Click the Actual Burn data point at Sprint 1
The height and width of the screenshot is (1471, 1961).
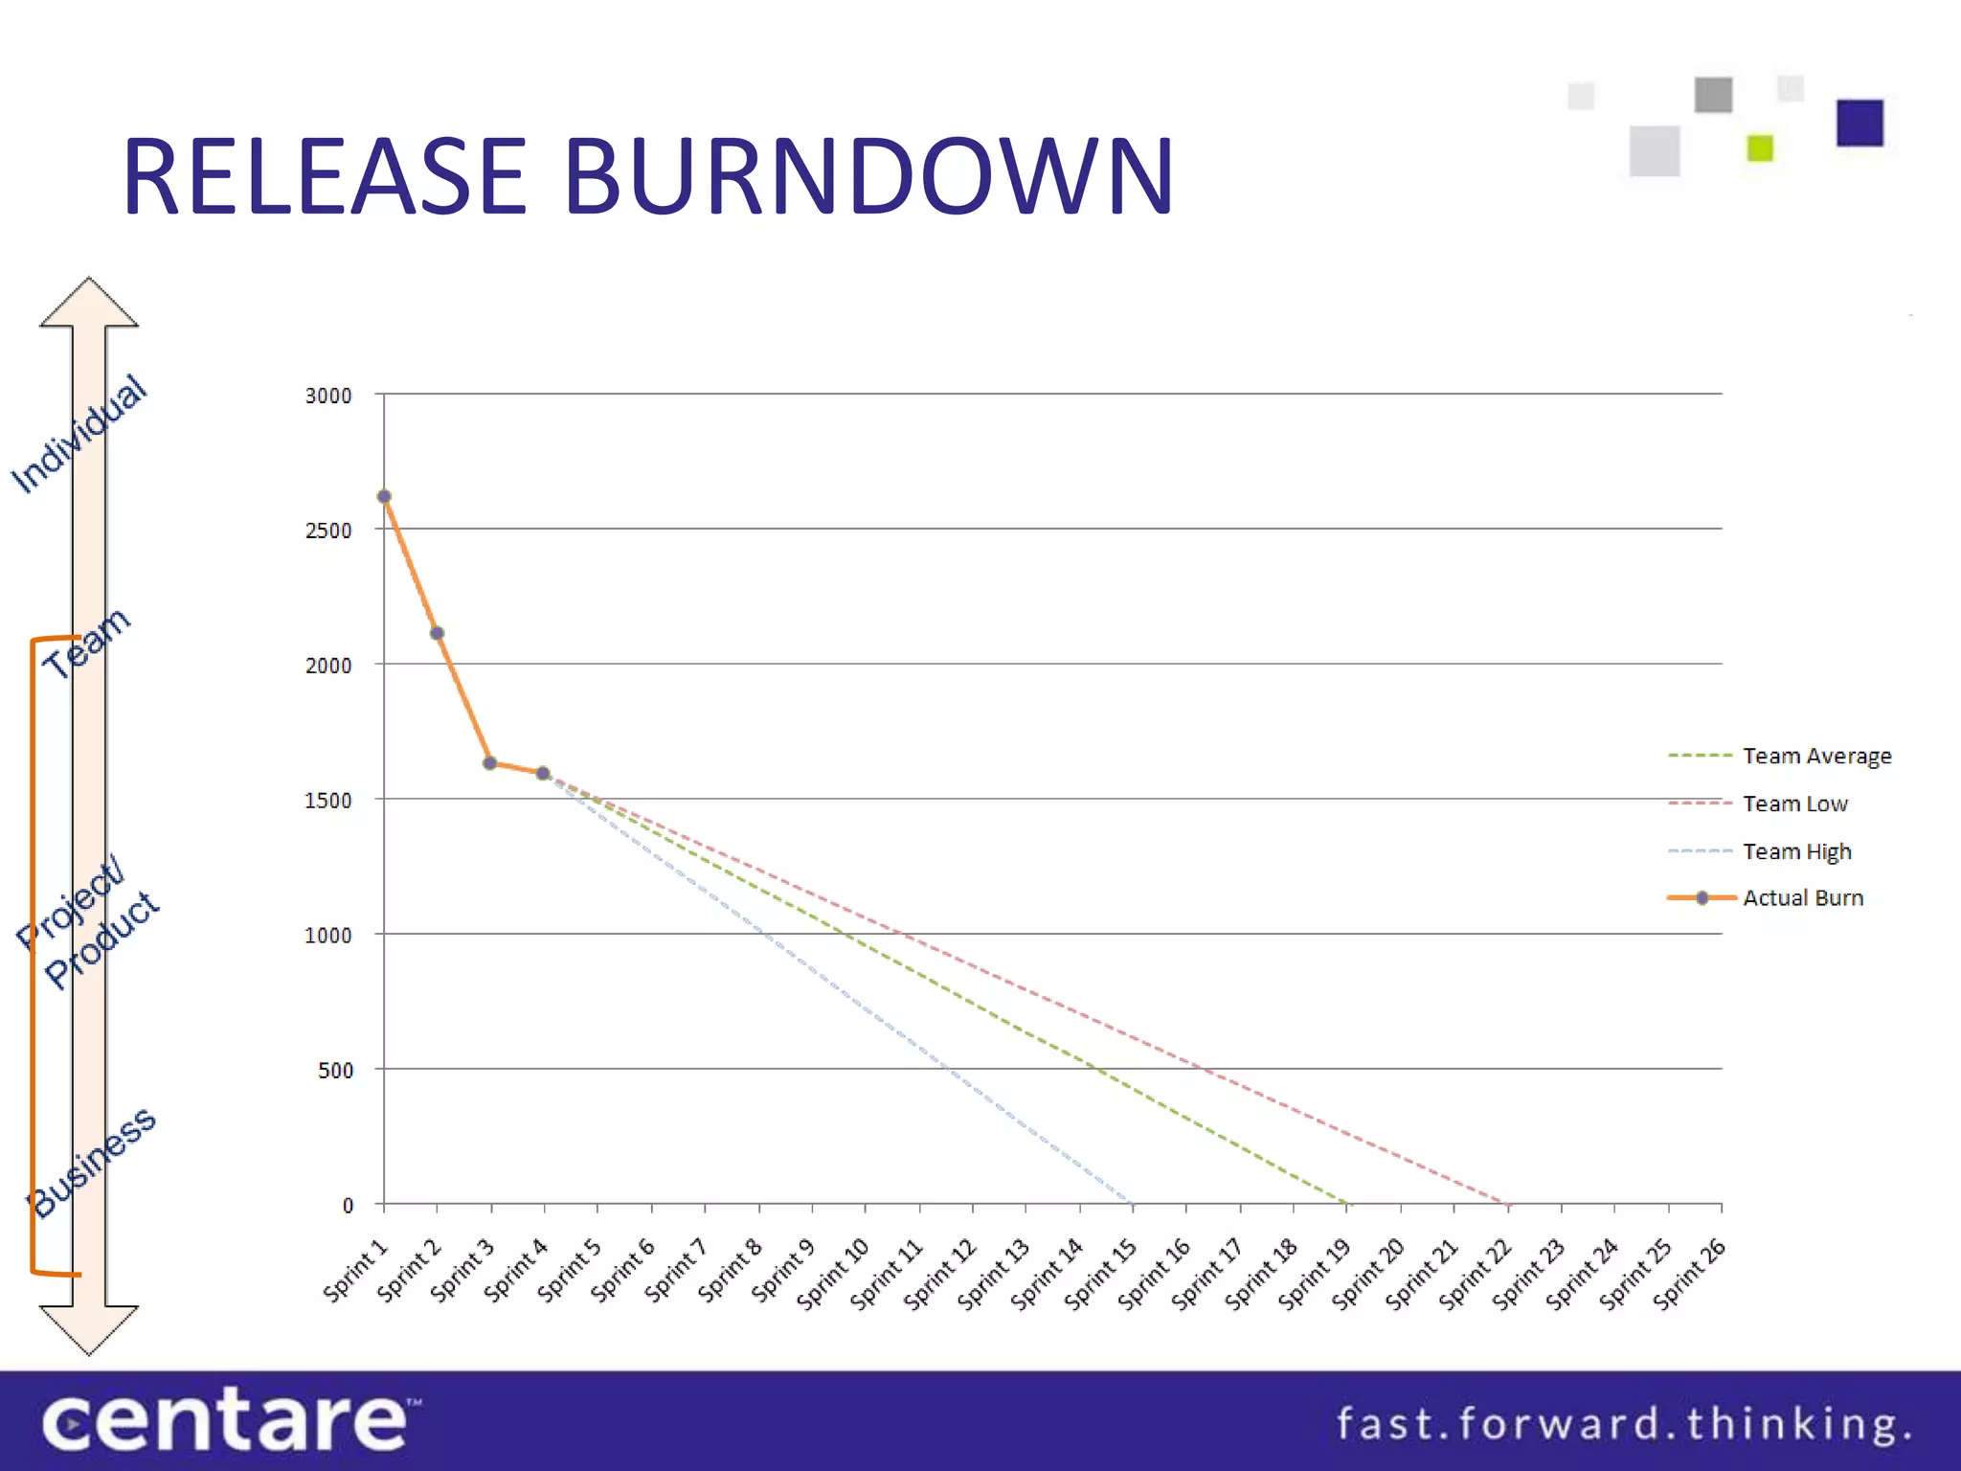click(x=384, y=496)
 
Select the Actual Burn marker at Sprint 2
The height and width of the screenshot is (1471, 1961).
click(x=437, y=633)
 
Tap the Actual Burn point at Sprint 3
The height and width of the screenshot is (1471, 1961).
click(x=489, y=763)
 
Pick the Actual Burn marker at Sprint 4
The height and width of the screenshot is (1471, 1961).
click(x=543, y=773)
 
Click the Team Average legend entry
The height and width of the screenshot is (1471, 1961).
click(x=1816, y=756)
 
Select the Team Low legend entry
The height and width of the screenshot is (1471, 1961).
click(x=1794, y=803)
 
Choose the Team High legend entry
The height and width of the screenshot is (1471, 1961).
click(x=1796, y=851)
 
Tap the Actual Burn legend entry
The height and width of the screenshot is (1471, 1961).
click(x=1802, y=898)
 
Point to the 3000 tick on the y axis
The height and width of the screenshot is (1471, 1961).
click(x=328, y=396)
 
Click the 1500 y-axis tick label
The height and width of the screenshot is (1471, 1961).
click(x=328, y=801)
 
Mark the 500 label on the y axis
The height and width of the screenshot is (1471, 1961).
click(x=335, y=1071)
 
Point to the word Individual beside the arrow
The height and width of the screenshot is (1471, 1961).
click(x=79, y=434)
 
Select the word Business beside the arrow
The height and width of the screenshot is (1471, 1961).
click(x=93, y=1162)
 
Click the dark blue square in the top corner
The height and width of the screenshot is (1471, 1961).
click(x=1860, y=123)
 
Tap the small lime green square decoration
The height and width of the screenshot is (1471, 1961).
click(x=1760, y=148)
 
